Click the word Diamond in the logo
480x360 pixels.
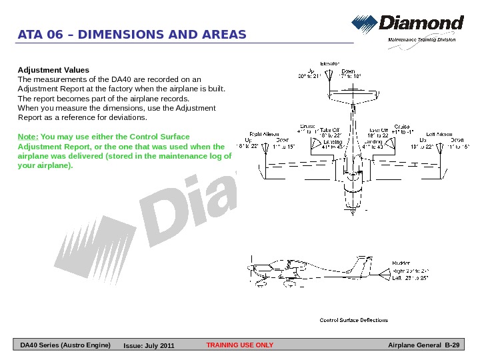(421, 24)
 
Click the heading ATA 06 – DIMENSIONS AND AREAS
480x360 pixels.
(132, 35)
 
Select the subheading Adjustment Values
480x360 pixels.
(53, 69)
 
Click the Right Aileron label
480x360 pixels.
(264, 134)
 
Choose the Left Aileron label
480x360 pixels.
(440, 134)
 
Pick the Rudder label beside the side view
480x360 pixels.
(401, 263)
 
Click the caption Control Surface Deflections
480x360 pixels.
(353, 321)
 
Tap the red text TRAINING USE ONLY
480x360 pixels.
(240, 345)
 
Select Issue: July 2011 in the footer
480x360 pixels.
(149, 345)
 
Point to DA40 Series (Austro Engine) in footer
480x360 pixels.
(65, 345)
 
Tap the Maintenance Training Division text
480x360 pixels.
(422, 40)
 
